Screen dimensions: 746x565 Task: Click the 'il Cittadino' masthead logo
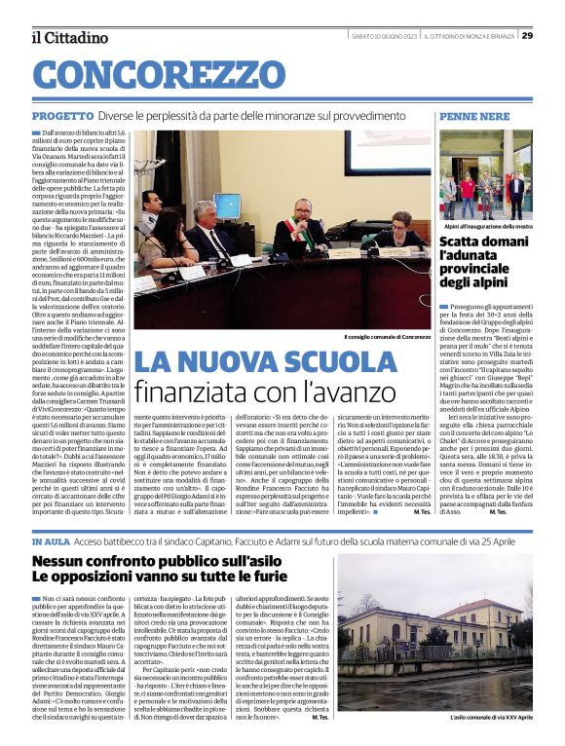pos(68,37)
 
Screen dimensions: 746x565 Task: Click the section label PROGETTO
pos(62,115)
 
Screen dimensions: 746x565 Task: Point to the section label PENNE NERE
pos(474,115)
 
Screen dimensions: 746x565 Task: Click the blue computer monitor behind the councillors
pos(228,205)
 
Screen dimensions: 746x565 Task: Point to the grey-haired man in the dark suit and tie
pos(207,229)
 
